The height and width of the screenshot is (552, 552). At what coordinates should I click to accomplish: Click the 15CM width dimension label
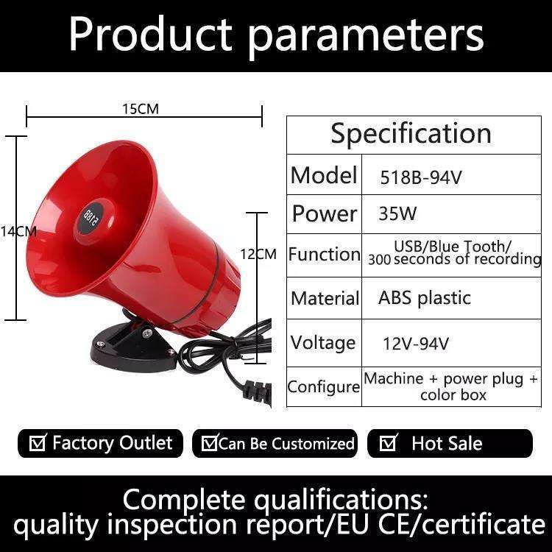pos(141,109)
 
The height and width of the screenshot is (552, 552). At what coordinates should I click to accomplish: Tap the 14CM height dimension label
pos(18,231)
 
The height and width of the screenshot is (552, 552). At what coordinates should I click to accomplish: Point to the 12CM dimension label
pos(258,254)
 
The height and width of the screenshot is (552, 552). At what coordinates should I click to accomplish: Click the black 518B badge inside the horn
pos(91,217)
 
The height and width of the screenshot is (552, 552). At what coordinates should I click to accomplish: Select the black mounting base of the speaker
pos(134,347)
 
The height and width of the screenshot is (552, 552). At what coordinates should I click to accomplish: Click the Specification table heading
pos(411,134)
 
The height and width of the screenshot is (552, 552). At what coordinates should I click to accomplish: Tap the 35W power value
pos(397,213)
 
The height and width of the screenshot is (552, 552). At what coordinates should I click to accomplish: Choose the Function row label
pos(325,254)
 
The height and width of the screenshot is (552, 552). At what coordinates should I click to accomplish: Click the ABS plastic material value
pos(425,298)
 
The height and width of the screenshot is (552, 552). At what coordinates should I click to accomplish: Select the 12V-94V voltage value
pos(416,344)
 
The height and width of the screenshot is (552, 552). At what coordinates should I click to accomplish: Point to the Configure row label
pos(324,387)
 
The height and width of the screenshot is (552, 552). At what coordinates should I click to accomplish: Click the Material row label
pos(325,298)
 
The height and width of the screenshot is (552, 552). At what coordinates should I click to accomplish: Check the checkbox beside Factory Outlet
pos(37,442)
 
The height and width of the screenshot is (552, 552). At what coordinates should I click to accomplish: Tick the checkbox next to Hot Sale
pos(388,442)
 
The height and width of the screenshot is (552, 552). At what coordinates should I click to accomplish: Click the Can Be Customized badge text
pos(286,444)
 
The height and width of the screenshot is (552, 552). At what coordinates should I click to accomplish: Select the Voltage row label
pos(323,343)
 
